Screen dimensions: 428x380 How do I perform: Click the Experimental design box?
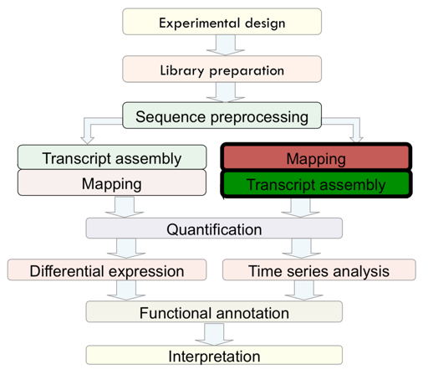click(222, 22)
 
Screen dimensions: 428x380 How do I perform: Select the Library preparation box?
click(222, 69)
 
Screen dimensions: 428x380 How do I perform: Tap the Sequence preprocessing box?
click(222, 116)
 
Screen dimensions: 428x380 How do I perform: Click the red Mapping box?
click(316, 157)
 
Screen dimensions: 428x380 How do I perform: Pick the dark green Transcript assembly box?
click(316, 184)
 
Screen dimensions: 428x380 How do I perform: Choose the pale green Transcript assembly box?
click(112, 157)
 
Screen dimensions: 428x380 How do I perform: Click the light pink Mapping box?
click(112, 182)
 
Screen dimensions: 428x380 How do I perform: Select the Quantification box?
click(214, 229)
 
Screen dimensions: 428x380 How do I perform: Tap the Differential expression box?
click(107, 270)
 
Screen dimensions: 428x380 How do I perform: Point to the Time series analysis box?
click(319, 270)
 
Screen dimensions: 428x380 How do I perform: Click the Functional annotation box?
click(214, 311)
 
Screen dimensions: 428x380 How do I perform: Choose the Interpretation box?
click(214, 355)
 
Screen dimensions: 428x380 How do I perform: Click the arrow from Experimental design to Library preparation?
click(226, 45)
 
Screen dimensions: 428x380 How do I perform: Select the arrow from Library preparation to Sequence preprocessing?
click(226, 92)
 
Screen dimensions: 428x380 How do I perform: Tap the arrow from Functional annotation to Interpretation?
click(214, 334)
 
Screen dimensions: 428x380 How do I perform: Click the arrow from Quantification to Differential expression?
click(126, 249)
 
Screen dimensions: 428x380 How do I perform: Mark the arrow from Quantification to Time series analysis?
click(301, 249)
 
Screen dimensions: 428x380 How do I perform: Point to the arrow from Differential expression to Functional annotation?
click(126, 290)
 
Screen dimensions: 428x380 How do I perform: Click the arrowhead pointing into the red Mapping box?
click(356, 140)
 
